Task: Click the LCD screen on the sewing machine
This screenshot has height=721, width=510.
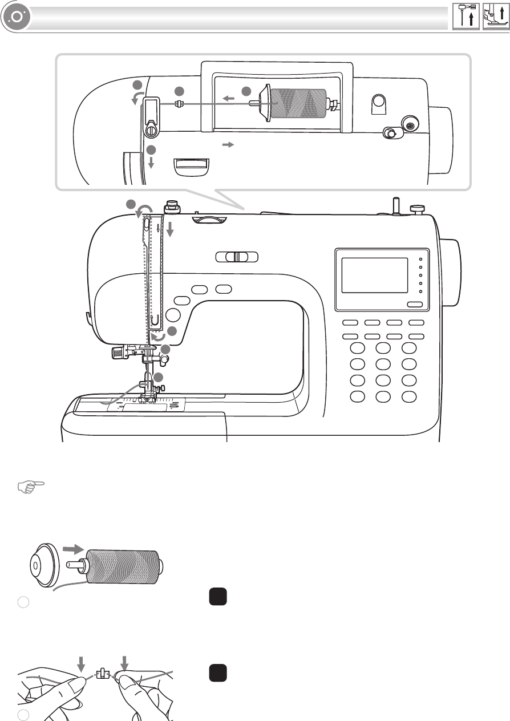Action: click(374, 275)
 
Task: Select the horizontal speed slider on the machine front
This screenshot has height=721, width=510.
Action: click(237, 257)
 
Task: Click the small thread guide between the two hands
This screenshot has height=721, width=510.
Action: click(103, 675)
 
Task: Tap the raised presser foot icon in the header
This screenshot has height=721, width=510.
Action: click(495, 17)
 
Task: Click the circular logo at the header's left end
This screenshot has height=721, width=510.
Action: click(15, 18)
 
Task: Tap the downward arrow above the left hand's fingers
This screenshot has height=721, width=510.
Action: click(81, 663)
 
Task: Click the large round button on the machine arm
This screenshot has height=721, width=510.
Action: click(173, 315)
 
